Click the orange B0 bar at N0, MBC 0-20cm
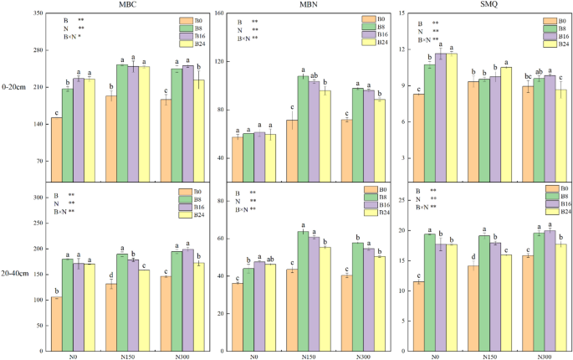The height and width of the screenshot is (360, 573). click(x=57, y=149)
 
